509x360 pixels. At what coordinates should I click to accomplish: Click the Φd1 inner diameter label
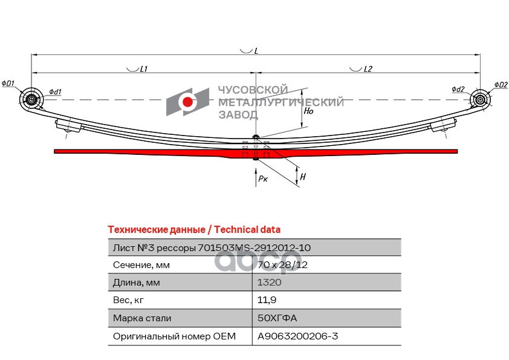click(x=55, y=92)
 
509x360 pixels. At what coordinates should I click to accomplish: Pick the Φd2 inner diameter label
click(x=458, y=90)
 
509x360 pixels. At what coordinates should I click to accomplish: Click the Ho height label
click(x=308, y=111)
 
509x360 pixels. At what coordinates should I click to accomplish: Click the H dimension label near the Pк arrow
click(x=303, y=177)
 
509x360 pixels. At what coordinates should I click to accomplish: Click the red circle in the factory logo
click(x=189, y=102)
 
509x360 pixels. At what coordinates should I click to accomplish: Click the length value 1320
click(x=269, y=283)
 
